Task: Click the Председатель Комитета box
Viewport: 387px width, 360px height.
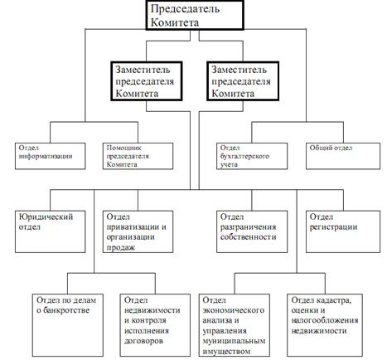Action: click(195, 15)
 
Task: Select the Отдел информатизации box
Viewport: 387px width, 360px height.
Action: click(51, 156)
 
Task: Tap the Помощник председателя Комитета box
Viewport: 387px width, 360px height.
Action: click(138, 156)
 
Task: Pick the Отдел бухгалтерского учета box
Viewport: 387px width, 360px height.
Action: click(252, 156)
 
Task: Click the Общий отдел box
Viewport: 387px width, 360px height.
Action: click(343, 156)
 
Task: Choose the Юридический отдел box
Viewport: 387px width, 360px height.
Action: click(51, 231)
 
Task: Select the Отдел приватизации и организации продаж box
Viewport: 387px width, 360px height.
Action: click(138, 231)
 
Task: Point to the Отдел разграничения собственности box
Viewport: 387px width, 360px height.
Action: click(252, 231)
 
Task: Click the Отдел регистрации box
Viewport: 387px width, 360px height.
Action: click(343, 231)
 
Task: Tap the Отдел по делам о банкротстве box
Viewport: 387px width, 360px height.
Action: click(68, 325)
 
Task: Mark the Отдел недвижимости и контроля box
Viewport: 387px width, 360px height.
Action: click(155, 325)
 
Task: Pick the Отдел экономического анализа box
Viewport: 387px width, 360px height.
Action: click(235, 325)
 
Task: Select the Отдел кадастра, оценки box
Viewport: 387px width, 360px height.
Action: click(325, 325)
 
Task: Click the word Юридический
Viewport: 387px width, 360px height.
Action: click(46, 216)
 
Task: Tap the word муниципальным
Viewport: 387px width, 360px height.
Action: click(234, 341)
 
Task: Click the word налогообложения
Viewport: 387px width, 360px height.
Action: click(325, 320)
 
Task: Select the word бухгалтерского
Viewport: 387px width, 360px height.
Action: click(244, 156)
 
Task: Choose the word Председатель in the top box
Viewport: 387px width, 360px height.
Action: click(185, 9)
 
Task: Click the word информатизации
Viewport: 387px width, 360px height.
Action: click(46, 156)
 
